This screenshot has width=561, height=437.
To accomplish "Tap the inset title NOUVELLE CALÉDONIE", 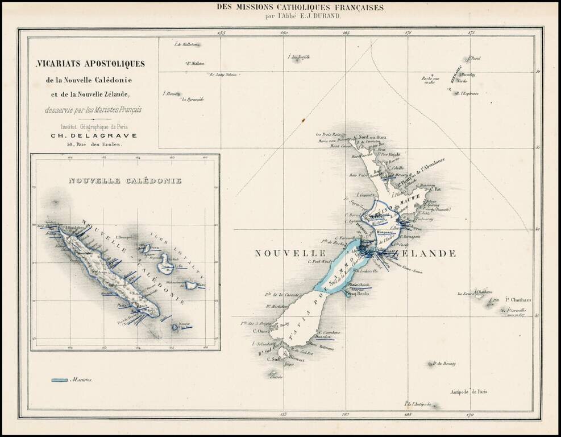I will (x=124, y=180).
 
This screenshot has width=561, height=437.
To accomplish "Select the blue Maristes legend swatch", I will (x=60, y=380).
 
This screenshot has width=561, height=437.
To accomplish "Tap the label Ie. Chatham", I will (x=518, y=300).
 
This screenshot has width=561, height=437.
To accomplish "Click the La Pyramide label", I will (x=193, y=99).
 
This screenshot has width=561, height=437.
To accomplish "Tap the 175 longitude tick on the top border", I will (x=471, y=33).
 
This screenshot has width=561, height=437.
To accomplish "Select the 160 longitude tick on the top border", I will (x=284, y=33).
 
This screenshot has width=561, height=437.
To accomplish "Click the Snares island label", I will (x=276, y=377).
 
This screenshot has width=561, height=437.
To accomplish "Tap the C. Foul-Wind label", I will (x=319, y=261).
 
